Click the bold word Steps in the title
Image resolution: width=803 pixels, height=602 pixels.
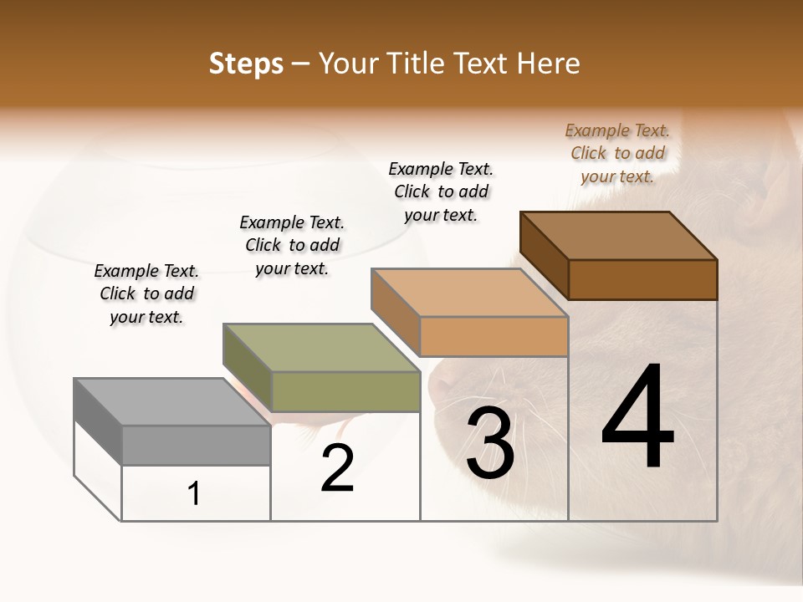(x=246, y=64)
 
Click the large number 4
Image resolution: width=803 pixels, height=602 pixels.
(x=638, y=417)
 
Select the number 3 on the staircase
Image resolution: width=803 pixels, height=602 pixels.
(x=490, y=443)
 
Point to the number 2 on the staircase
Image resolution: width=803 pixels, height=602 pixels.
(x=337, y=468)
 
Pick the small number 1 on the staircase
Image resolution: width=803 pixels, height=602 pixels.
(x=194, y=494)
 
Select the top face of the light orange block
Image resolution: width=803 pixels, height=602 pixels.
(x=469, y=293)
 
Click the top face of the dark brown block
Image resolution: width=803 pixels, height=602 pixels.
(x=618, y=236)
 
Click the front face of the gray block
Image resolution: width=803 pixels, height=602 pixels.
(x=196, y=445)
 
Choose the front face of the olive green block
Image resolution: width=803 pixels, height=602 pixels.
(x=345, y=391)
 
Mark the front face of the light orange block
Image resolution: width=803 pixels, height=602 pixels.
(x=494, y=336)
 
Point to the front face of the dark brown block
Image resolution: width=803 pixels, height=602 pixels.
(x=642, y=279)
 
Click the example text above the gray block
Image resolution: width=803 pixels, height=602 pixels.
(x=146, y=293)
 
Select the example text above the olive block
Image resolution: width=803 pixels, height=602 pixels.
(x=292, y=245)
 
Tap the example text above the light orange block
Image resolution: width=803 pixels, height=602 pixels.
(x=441, y=191)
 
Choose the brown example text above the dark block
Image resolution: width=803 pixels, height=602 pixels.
(x=617, y=153)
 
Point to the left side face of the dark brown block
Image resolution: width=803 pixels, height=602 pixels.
(x=544, y=255)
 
